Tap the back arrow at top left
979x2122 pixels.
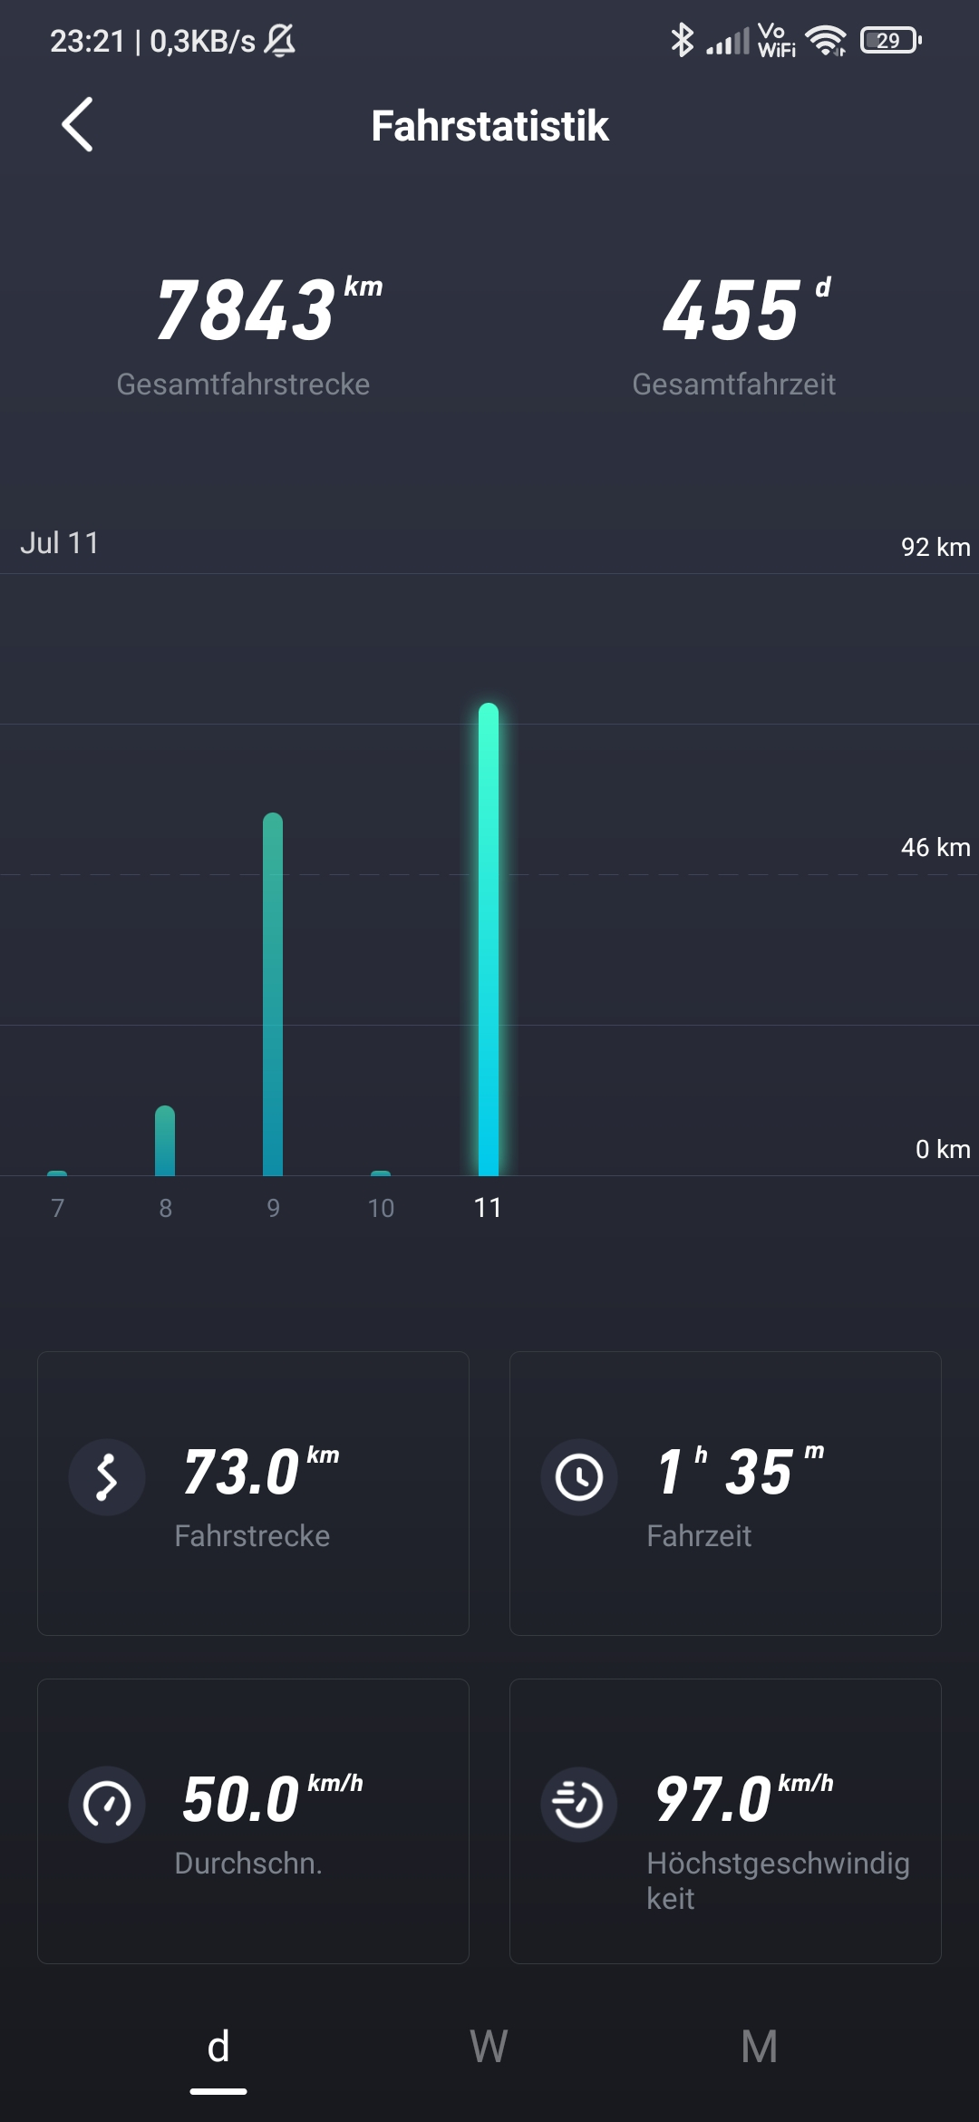point(78,124)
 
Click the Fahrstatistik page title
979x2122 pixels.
point(489,126)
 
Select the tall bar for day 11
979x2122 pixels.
point(489,939)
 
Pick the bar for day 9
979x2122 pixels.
point(273,994)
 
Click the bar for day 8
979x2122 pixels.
point(165,1141)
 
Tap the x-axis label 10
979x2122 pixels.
point(381,1208)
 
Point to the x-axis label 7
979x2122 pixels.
point(57,1208)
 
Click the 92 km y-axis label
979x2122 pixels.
point(935,547)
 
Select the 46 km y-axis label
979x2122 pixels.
point(935,847)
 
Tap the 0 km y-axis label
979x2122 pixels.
point(942,1149)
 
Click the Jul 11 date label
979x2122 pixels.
point(60,542)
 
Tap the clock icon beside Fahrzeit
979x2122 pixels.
point(579,1477)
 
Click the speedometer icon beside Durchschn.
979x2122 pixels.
point(107,1805)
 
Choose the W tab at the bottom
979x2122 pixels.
point(489,2047)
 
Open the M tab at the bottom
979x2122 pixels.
point(759,2047)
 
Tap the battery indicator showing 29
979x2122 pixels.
point(890,41)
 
